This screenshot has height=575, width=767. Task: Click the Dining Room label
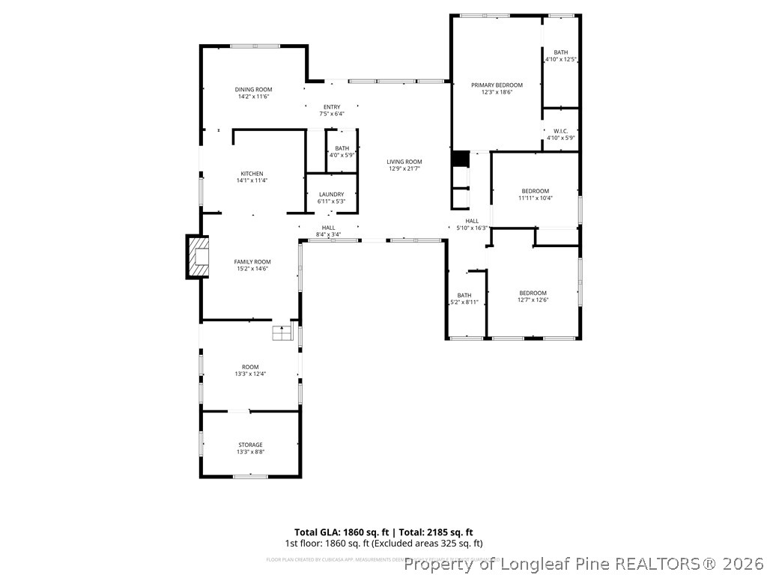point(253,89)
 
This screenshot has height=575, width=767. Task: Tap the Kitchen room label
point(252,174)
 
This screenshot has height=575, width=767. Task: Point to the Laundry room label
point(331,195)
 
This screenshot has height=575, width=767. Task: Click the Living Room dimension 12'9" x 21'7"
point(404,169)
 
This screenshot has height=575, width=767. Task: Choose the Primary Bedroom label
point(497,85)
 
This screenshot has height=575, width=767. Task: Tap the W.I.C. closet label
point(560,131)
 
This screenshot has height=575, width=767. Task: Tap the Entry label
point(332,107)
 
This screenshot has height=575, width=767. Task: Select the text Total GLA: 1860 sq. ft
point(336,532)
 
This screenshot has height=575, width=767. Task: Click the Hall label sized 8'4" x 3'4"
point(328,228)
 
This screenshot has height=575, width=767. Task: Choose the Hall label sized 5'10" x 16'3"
point(472,221)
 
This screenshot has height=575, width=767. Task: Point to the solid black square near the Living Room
point(460,159)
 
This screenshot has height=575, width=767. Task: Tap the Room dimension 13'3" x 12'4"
point(250,374)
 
